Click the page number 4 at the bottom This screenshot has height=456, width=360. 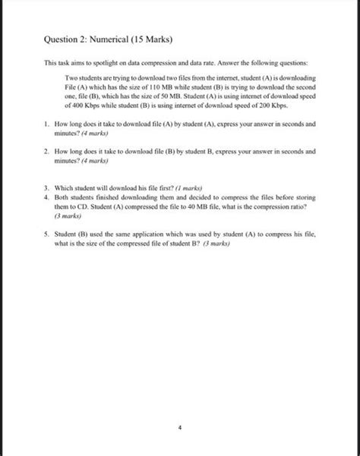(x=179, y=427)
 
